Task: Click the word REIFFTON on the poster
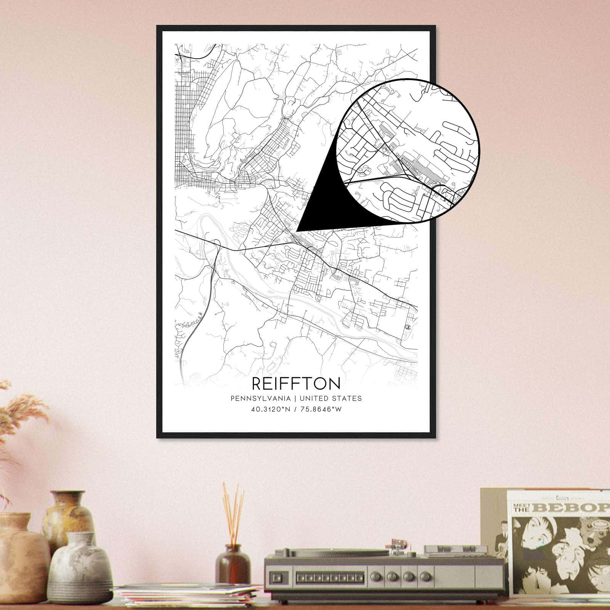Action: [x=296, y=383]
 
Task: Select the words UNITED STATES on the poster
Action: [x=331, y=398]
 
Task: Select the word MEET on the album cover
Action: [x=521, y=504]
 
